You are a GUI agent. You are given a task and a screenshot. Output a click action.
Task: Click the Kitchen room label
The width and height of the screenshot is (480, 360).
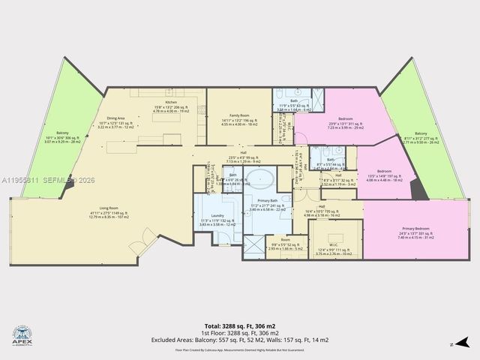(x=171, y=102)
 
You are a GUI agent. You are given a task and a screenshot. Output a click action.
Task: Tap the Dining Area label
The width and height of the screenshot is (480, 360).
(x=115, y=118)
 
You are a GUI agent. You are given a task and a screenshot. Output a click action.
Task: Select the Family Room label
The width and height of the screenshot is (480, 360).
(x=239, y=115)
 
